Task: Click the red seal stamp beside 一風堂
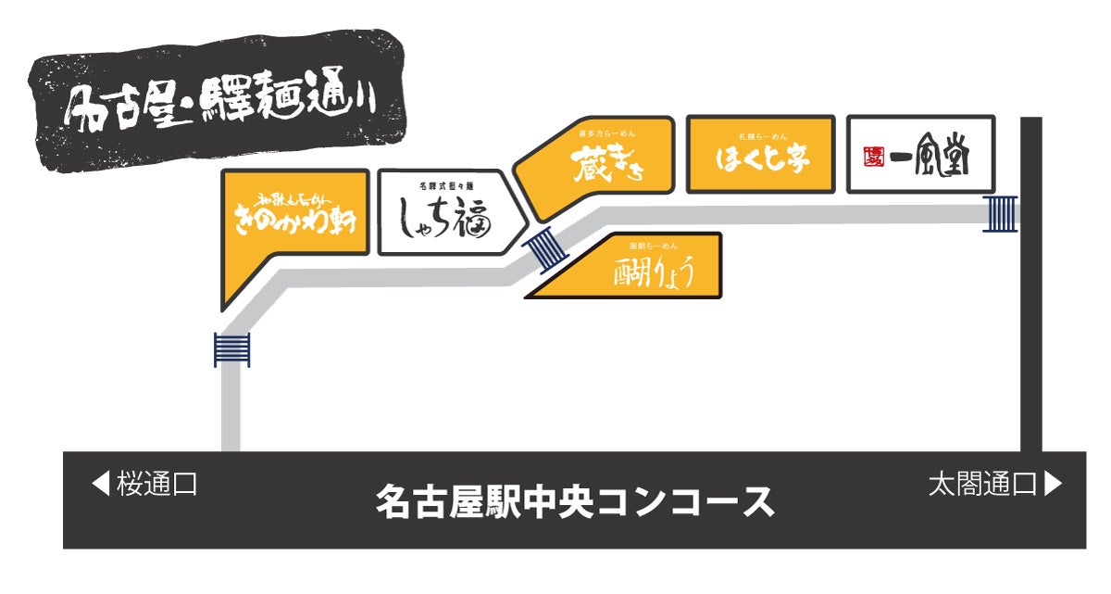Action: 870,155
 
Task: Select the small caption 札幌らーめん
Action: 762,135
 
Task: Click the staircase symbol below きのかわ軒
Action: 231,349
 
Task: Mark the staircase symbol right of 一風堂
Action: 1001,213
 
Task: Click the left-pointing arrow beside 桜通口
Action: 100,483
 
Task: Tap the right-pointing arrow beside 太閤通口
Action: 1053,483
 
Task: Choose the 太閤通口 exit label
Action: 982,484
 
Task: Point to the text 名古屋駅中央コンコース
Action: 574,501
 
